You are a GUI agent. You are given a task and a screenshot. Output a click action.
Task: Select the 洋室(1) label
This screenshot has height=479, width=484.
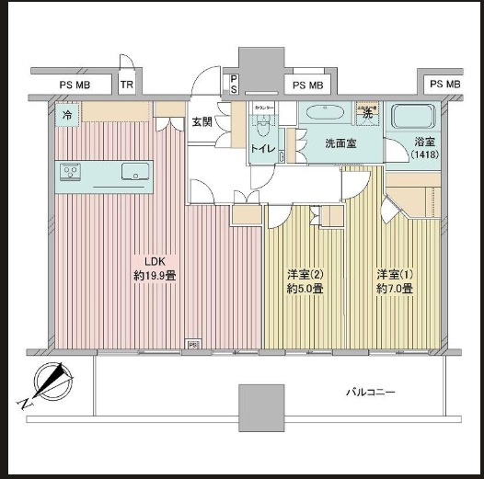pyautogui.click(x=394, y=274)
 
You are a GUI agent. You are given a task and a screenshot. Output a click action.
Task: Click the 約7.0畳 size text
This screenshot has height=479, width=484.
pyautogui.click(x=394, y=289)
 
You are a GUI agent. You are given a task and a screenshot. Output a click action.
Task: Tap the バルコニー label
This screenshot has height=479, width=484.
pyautogui.click(x=371, y=393)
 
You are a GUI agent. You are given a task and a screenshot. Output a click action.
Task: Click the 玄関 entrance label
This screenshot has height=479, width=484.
pyautogui.click(x=202, y=120)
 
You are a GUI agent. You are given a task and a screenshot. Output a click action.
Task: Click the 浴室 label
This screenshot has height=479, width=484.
pyautogui.click(x=424, y=143)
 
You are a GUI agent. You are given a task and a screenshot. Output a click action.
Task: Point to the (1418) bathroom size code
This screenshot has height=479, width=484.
pyautogui.click(x=424, y=156)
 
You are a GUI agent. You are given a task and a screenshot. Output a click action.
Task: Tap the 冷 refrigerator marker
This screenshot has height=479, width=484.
pyautogui.click(x=67, y=115)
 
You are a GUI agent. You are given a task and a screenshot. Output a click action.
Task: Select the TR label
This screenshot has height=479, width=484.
pyautogui.click(x=127, y=86)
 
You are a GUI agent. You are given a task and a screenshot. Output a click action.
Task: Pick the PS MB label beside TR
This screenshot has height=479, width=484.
pyautogui.click(x=75, y=86)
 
